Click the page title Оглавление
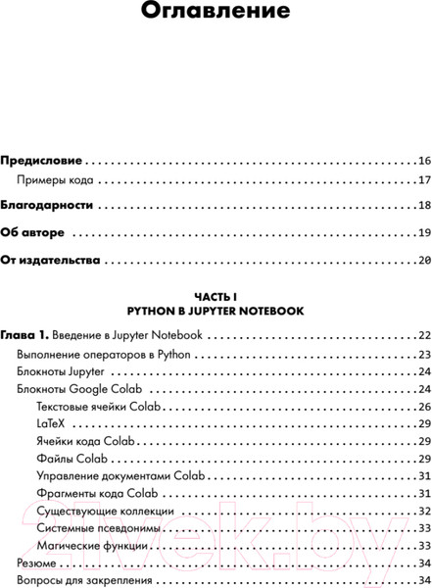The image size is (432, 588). (216, 13)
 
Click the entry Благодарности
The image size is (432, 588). (47, 207)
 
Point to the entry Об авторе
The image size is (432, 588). (33, 233)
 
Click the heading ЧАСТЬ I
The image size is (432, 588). (216, 296)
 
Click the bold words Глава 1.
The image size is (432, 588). (24, 335)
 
